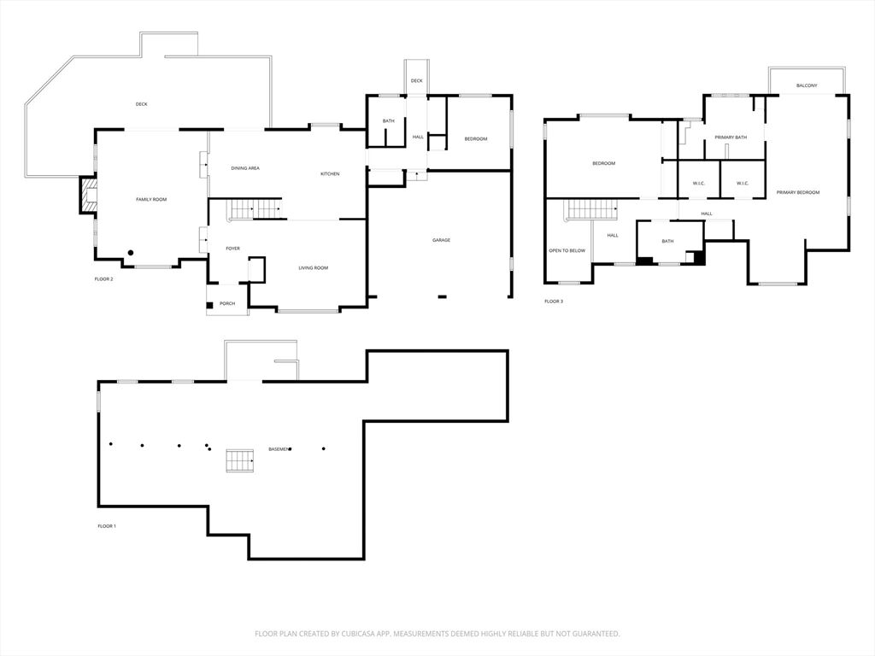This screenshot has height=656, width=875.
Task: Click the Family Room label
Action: point(151,199)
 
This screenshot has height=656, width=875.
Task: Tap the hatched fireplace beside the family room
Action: point(88,195)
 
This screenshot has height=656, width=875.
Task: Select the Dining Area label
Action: point(245,168)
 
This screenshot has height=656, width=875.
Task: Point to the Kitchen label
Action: point(330,173)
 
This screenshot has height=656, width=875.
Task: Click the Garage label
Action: point(441,240)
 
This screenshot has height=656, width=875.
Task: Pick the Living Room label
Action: point(313,267)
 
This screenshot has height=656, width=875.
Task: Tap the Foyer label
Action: point(232,249)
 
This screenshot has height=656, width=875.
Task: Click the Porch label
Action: point(227,303)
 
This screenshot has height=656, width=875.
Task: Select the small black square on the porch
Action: point(210,305)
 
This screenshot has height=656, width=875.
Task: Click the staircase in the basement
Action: point(240,460)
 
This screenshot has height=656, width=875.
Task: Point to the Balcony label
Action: point(807,85)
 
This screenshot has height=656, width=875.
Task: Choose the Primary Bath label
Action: point(731,138)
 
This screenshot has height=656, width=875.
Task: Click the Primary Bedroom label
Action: point(798,192)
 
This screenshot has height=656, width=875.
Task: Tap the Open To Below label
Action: point(567,250)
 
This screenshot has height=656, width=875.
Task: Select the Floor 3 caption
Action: point(554,302)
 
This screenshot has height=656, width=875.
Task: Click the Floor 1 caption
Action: point(107,526)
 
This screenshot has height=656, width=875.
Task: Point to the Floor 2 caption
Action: point(103,279)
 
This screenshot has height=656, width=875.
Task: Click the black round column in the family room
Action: point(131,253)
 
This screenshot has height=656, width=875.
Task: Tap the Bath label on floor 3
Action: point(667,241)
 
